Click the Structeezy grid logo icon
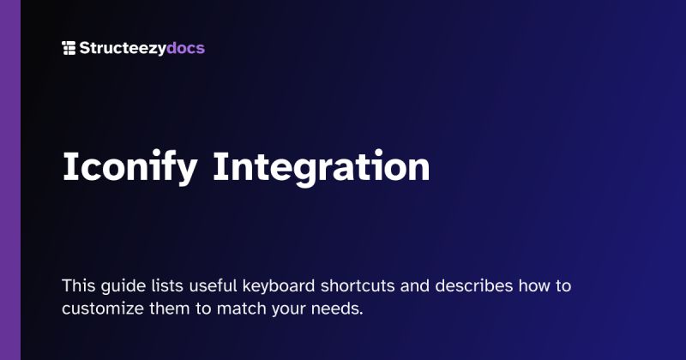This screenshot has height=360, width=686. tap(69, 48)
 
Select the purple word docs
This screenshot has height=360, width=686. tap(186, 48)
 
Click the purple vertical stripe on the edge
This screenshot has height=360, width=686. tap(9, 180)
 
